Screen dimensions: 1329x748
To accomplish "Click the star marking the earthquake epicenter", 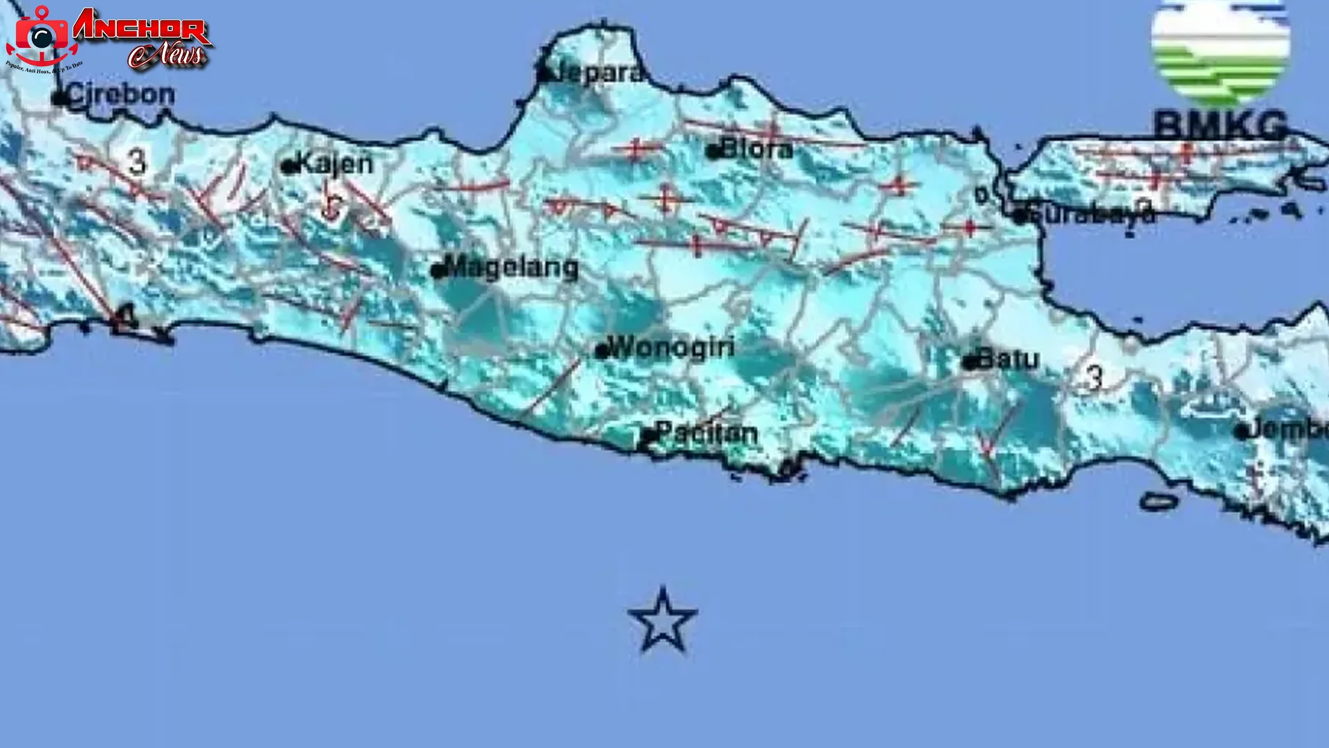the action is point(662,621).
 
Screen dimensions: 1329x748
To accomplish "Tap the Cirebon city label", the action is point(121,95).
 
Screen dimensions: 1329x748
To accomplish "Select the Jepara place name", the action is point(597,73).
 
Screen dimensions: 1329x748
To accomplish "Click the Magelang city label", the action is point(512,267).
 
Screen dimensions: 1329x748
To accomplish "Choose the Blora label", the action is point(757,149).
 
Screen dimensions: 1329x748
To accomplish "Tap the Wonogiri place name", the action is point(673,347).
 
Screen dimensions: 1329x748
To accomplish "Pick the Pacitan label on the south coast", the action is point(707,434).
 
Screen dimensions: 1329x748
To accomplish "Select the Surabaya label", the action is point(1092,214).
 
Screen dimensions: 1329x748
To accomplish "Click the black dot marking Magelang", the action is point(437,271).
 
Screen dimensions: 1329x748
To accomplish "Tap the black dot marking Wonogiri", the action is point(602,351).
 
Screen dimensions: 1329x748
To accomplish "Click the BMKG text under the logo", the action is point(1220,125).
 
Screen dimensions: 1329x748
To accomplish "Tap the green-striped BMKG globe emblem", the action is point(1220,52).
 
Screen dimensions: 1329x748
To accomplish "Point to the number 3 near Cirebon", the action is point(138,162).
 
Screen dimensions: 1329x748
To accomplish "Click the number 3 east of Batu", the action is point(1094,378).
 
